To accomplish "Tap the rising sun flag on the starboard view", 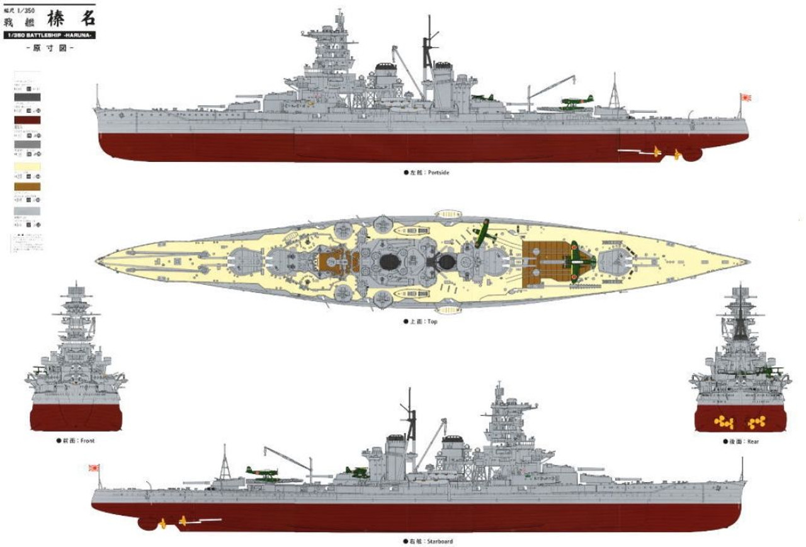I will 94,469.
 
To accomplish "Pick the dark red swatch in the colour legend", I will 26,120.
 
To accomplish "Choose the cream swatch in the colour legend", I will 26,166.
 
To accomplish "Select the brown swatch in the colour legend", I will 26,187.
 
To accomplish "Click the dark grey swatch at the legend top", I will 26,97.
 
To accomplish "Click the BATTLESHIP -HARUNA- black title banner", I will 50,35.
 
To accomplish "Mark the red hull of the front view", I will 75,415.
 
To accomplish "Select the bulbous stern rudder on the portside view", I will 693,153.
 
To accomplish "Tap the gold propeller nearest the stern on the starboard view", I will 162,522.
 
